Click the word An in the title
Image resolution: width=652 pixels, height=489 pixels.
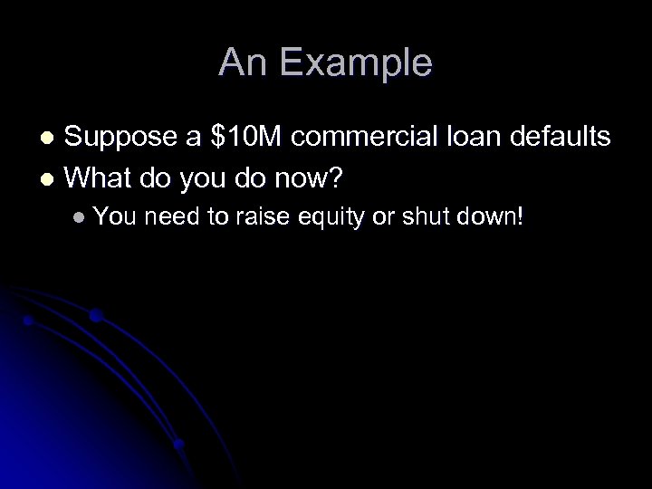tap(244, 63)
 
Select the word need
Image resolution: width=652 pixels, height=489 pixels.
tap(169, 217)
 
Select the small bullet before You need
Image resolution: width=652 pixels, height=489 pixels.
tap(81, 218)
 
